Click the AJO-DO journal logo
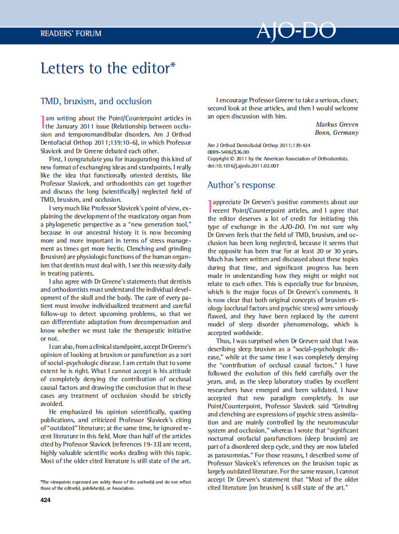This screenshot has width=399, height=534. point(296,32)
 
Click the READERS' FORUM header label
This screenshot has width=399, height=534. point(71,34)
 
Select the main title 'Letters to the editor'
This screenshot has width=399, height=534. point(105,68)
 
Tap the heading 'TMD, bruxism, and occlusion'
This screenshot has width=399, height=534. point(96,101)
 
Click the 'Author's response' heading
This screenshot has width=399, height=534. point(241,185)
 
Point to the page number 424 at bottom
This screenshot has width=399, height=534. point(46,500)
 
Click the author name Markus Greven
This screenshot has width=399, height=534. point(337,124)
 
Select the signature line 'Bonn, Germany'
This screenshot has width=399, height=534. point(336,132)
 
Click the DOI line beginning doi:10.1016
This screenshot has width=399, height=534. point(243,166)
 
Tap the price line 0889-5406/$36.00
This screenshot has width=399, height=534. point(228,152)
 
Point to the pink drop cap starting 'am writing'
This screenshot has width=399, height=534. point(42,121)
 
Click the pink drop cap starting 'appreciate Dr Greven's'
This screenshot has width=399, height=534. point(209,206)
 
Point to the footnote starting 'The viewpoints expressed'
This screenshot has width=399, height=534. point(116,485)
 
